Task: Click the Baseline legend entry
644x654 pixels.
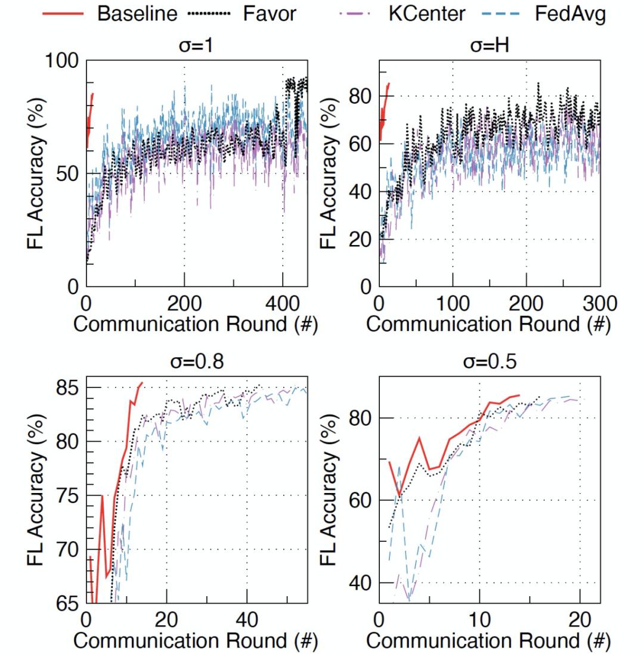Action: (x=137, y=13)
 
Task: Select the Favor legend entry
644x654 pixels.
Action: (x=269, y=13)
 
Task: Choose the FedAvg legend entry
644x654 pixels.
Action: (x=569, y=13)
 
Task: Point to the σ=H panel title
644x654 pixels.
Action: (x=489, y=45)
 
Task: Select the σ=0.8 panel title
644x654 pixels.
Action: (x=197, y=362)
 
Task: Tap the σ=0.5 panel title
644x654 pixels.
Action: (x=489, y=362)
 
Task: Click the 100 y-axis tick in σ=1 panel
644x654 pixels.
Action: (x=61, y=61)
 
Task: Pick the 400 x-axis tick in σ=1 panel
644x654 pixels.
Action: (x=282, y=304)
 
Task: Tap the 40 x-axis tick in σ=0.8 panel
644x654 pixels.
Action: (x=246, y=621)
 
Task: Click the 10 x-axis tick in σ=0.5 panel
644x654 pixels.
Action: (x=479, y=621)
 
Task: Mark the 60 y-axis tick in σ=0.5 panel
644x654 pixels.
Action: (x=361, y=500)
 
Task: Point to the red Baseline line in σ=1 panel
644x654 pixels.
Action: (x=89, y=113)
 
